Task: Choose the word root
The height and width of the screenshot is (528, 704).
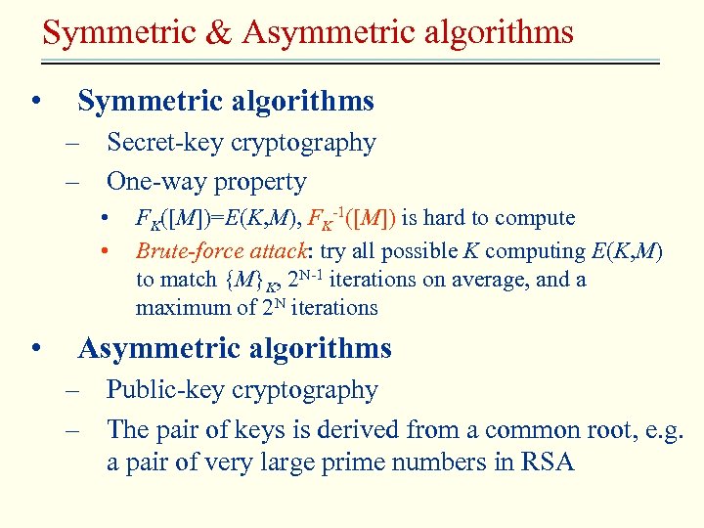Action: [x=593, y=429]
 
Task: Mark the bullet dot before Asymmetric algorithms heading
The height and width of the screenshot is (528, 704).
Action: [x=35, y=349]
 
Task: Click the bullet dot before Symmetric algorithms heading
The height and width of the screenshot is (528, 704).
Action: [x=35, y=102]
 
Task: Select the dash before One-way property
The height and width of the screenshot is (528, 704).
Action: [x=72, y=183]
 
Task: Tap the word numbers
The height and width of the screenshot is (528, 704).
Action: [x=440, y=462]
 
